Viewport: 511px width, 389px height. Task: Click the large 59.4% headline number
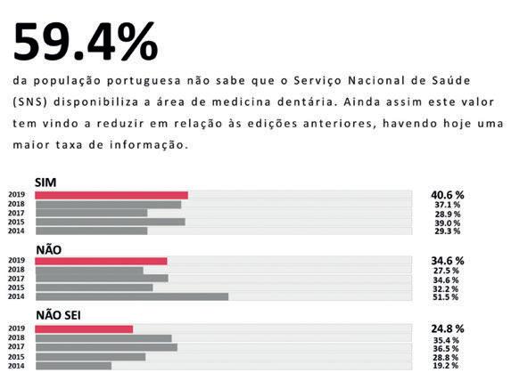coord(86,41)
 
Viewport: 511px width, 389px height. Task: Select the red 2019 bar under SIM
coord(111,195)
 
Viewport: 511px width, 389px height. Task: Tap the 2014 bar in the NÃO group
coord(132,296)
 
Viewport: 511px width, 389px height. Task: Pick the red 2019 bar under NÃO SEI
coord(84,329)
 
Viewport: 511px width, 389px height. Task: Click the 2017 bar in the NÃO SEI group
coord(106,347)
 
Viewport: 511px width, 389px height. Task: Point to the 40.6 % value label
coord(448,195)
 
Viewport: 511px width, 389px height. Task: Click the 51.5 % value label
coord(446,297)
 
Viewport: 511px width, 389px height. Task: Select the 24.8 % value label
coord(448,328)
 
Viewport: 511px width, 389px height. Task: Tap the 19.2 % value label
coord(446,366)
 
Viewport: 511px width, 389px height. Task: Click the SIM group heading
coord(45,182)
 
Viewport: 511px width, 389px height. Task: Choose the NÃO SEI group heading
coord(58,315)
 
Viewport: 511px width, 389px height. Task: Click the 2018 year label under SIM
coord(16,204)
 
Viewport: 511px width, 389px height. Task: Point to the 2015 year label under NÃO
coord(16,288)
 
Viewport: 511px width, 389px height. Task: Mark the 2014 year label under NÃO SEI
coord(16,366)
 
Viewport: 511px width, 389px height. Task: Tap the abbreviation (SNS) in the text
coord(30,101)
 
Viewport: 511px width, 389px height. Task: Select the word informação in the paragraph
coord(149,145)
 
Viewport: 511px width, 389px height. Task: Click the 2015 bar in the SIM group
coord(111,222)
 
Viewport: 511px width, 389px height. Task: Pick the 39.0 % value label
coord(447,223)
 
